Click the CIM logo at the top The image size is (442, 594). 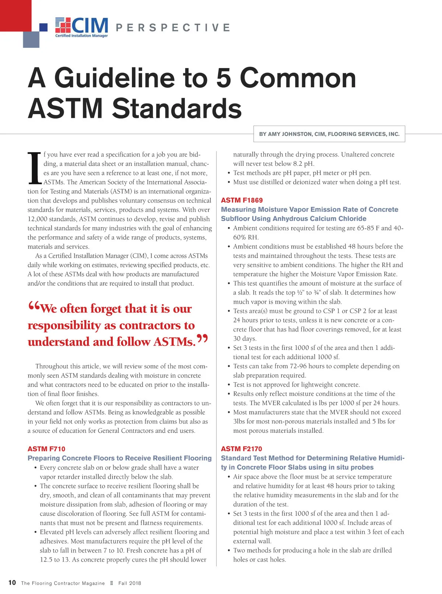tap(82, 27)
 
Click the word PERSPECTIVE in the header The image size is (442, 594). tap(173, 28)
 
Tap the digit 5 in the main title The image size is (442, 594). tap(224, 78)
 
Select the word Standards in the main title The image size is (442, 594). tap(177, 108)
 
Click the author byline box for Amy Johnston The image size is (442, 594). tap(329, 134)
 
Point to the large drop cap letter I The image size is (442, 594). tap(35, 168)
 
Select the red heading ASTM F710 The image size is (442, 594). tap(46, 449)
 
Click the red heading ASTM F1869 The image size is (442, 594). tap(242, 200)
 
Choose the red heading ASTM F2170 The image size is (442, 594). tap(241, 449)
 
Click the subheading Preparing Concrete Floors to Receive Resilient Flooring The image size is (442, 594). tap(120, 458)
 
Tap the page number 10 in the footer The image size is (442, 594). tap(12, 583)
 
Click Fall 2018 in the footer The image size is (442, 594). tap(130, 583)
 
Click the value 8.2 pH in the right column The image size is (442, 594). tap(304, 164)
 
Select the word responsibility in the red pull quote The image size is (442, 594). tap(64, 326)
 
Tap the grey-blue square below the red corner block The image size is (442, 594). tap(31, 40)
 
